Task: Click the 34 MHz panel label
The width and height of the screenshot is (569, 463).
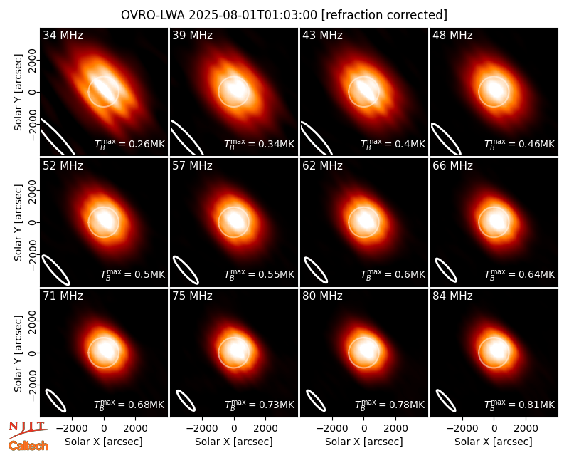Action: pyautogui.click(x=63, y=35)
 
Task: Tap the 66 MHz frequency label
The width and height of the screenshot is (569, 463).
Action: pyautogui.click(x=452, y=166)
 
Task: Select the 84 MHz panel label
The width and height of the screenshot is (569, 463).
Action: pyautogui.click(x=452, y=296)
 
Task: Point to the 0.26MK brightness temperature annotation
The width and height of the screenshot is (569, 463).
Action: pyautogui.click(x=130, y=144)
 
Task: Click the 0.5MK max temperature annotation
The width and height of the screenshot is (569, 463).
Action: pyautogui.click(x=133, y=274)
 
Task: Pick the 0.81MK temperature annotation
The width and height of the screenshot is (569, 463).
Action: pyautogui.click(x=520, y=404)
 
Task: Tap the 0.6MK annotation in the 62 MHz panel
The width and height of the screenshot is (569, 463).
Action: pyautogui.click(x=393, y=274)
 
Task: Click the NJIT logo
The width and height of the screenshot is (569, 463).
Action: pyautogui.click(x=28, y=429)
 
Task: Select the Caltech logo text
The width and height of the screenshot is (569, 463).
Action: pyautogui.click(x=28, y=446)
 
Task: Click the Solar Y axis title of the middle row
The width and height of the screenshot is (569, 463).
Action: pyautogui.click(x=18, y=222)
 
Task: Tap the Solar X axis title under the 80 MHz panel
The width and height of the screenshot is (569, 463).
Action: pyautogui.click(x=364, y=442)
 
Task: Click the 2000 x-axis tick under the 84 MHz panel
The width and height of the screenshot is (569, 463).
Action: pyautogui.click(x=526, y=429)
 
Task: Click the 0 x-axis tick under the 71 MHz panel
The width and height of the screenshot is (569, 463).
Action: pyautogui.click(x=104, y=429)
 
